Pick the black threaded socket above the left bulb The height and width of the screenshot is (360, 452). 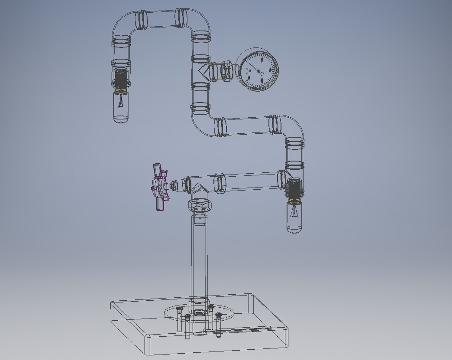tap(121, 80)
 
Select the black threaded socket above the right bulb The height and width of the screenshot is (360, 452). tap(294, 189)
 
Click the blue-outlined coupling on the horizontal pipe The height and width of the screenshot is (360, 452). tap(220, 183)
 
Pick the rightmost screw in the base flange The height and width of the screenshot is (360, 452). tap(219, 315)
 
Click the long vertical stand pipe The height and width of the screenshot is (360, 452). tap(199, 257)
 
